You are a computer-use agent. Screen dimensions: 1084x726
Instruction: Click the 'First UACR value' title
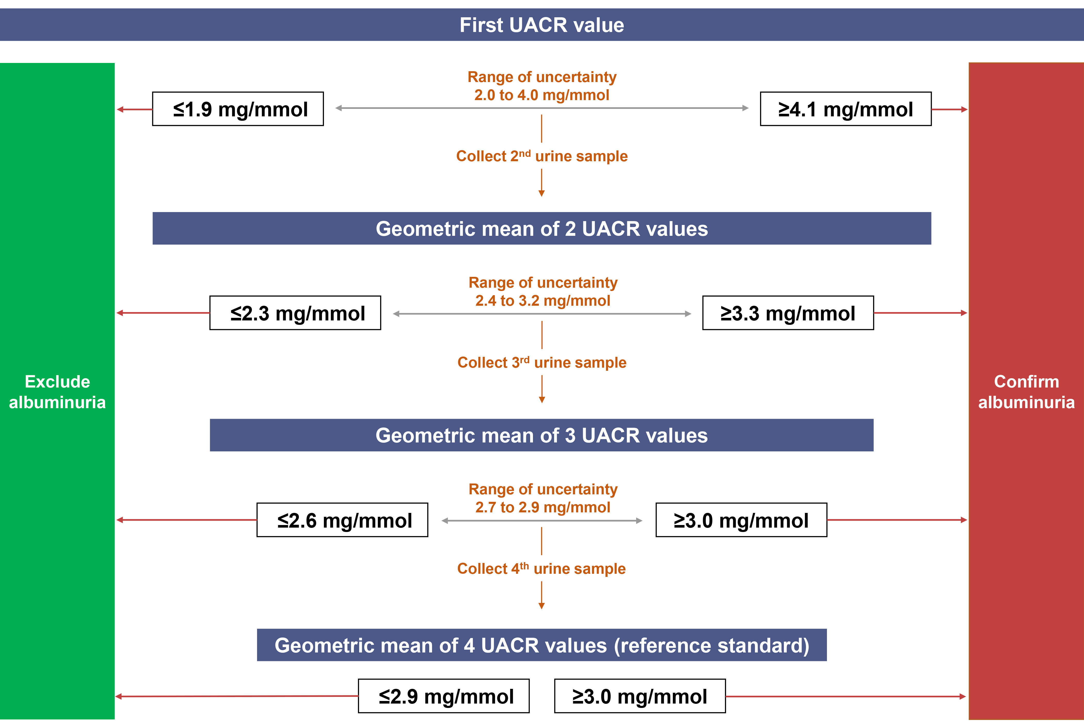[x=542, y=25]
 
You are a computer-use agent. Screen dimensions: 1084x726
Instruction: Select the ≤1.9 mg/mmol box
[x=238, y=109]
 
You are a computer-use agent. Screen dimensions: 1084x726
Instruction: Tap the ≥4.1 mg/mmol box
[x=846, y=109]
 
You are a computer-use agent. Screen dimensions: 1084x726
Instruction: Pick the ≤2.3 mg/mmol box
[x=296, y=313]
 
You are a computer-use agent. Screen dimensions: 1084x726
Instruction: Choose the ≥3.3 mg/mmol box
[x=788, y=313]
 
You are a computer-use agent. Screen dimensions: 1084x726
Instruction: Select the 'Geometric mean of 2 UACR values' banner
[x=542, y=228]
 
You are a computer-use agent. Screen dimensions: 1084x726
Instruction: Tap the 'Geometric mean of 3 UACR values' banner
[x=542, y=435]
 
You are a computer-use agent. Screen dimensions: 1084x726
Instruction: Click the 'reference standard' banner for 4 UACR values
[x=542, y=645]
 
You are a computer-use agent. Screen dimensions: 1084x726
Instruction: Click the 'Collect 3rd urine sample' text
[x=542, y=362]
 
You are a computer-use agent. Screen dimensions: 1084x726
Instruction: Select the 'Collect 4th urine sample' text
[x=541, y=568]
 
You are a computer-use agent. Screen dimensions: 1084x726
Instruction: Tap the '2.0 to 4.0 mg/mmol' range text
[x=542, y=95]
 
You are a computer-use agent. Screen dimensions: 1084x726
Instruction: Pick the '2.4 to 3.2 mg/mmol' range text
[x=543, y=301]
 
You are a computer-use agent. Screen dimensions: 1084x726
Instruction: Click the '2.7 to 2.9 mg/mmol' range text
[x=543, y=507]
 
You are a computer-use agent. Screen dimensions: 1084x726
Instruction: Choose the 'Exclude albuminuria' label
[x=57, y=392]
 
